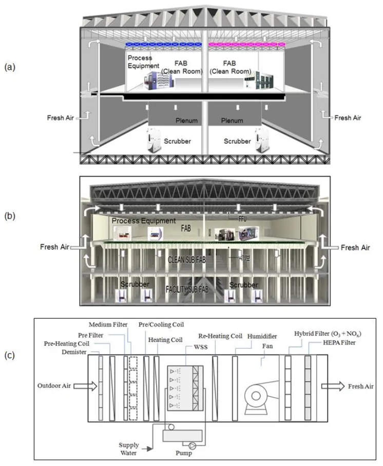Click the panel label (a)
9,67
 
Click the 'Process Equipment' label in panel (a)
140,62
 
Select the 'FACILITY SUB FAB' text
194,288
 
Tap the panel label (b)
9,216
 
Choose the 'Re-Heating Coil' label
221,337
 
